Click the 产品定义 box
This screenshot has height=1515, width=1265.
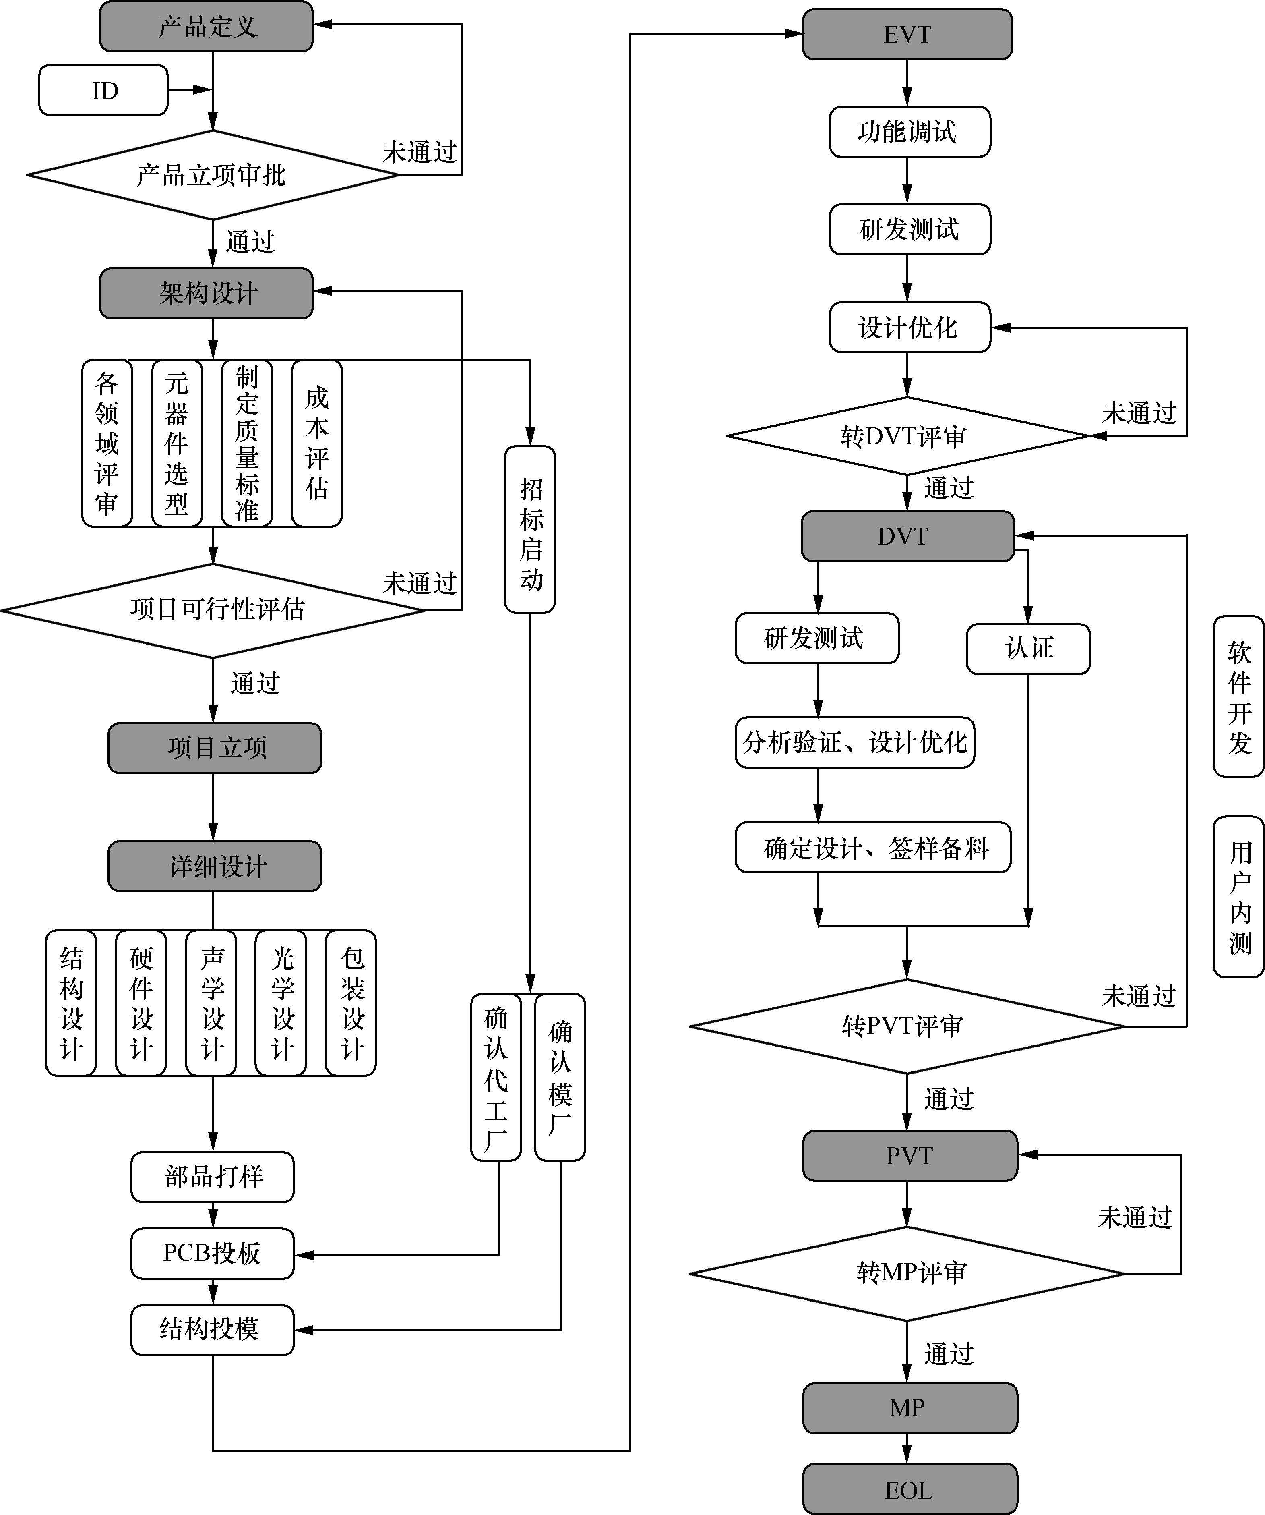(x=206, y=27)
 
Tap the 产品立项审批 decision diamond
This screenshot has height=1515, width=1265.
(x=212, y=174)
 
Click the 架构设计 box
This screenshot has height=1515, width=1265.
(x=206, y=293)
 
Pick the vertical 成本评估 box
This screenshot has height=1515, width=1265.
(x=316, y=443)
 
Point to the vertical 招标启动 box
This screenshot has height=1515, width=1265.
(x=530, y=530)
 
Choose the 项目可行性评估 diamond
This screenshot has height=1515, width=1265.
(x=213, y=609)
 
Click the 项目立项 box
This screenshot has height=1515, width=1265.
(x=215, y=747)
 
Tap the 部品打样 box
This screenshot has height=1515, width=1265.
(x=213, y=1177)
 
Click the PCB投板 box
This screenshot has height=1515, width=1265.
(x=213, y=1253)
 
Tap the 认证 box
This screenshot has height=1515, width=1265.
(x=1028, y=649)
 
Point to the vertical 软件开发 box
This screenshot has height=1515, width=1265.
(x=1238, y=696)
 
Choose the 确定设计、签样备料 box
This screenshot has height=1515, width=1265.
(x=873, y=847)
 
